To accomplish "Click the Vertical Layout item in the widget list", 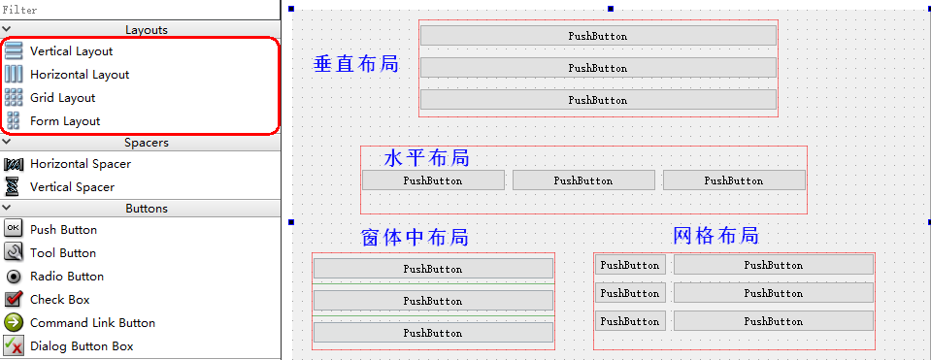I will pyautogui.click(x=71, y=51).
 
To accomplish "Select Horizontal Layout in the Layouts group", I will pyautogui.click(x=79, y=75).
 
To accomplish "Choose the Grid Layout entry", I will pyautogui.click(x=62, y=98).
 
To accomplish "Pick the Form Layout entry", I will pyautogui.click(x=64, y=121).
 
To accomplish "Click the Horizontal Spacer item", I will pyautogui.click(x=80, y=164).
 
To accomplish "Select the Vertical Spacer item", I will pyautogui.click(x=72, y=187).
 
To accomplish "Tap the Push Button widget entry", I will pyautogui.click(x=63, y=230).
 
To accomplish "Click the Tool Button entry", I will pyautogui.click(x=62, y=253).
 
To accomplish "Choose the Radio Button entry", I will pyautogui.click(x=66, y=277).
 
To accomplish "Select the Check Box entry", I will pyautogui.click(x=59, y=300).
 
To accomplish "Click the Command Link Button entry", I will pyautogui.click(x=92, y=323).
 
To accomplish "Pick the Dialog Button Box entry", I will pyautogui.click(x=82, y=346).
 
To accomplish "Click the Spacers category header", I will pyautogui.click(x=146, y=143).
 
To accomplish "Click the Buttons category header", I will pyautogui.click(x=146, y=209).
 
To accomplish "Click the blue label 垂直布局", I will pyautogui.click(x=356, y=64).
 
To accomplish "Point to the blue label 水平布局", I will pyautogui.click(x=426, y=158).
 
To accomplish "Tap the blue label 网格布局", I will pyautogui.click(x=715, y=236).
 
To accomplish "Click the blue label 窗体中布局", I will pyautogui.click(x=415, y=238).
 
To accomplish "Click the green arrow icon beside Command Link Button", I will pyautogui.click(x=14, y=323).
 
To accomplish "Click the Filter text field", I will pyautogui.click(x=141, y=9).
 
